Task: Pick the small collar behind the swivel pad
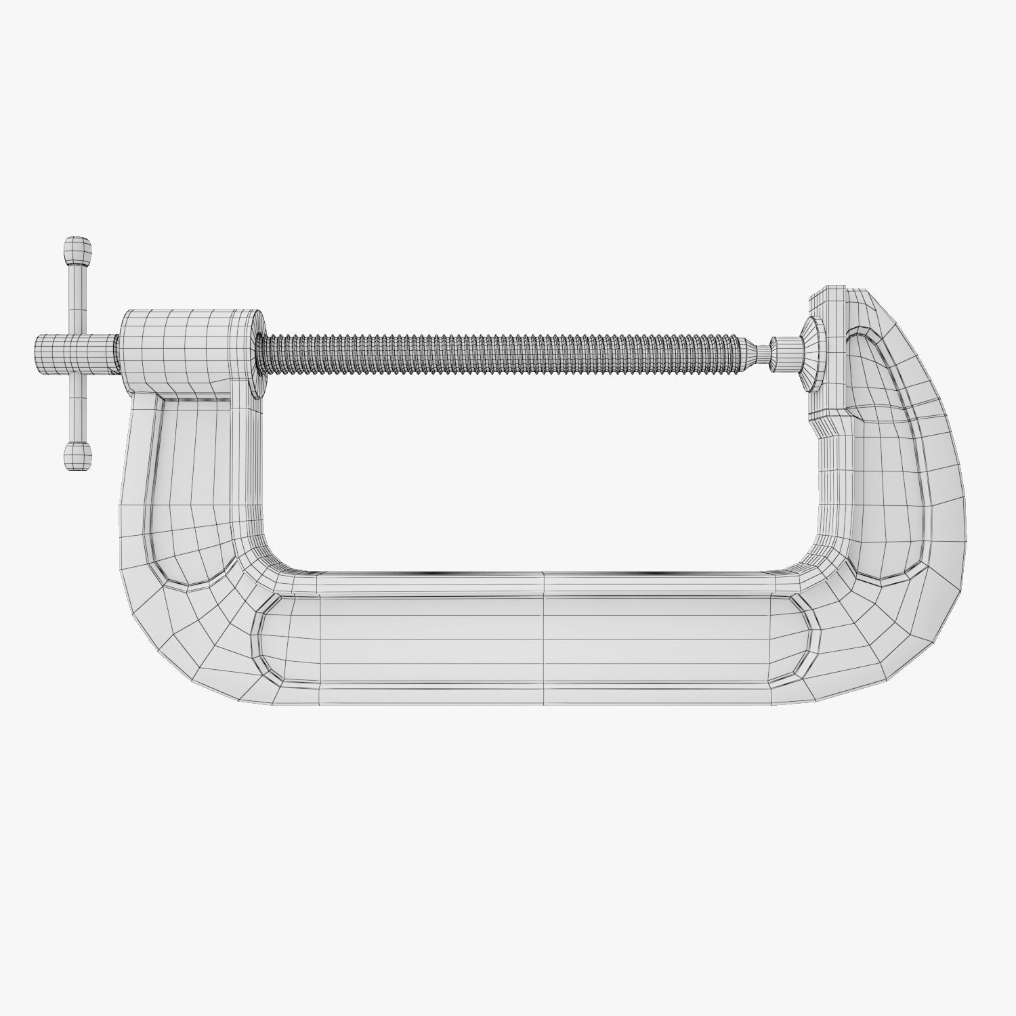click(786, 354)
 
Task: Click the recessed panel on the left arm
click(193, 488)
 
